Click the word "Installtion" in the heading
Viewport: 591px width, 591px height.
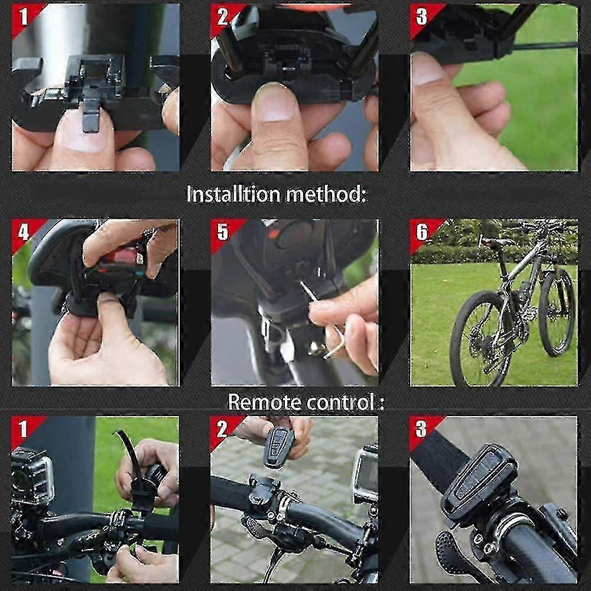click(233, 194)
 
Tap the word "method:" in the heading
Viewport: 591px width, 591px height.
click(326, 194)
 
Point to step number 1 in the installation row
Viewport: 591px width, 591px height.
click(24, 17)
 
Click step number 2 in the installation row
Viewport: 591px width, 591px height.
click(222, 17)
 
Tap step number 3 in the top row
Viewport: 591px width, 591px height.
click(421, 17)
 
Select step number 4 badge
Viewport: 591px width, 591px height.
click(24, 232)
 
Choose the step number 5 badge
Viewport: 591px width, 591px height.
click(222, 232)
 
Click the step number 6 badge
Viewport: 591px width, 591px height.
click(421, 232)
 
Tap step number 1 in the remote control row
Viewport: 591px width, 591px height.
click(24, 429)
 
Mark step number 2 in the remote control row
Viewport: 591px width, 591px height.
click(222, 429)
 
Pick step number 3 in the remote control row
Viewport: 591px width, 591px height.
click(421, 429)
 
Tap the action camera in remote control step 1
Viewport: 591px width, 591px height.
click(33, 476)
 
